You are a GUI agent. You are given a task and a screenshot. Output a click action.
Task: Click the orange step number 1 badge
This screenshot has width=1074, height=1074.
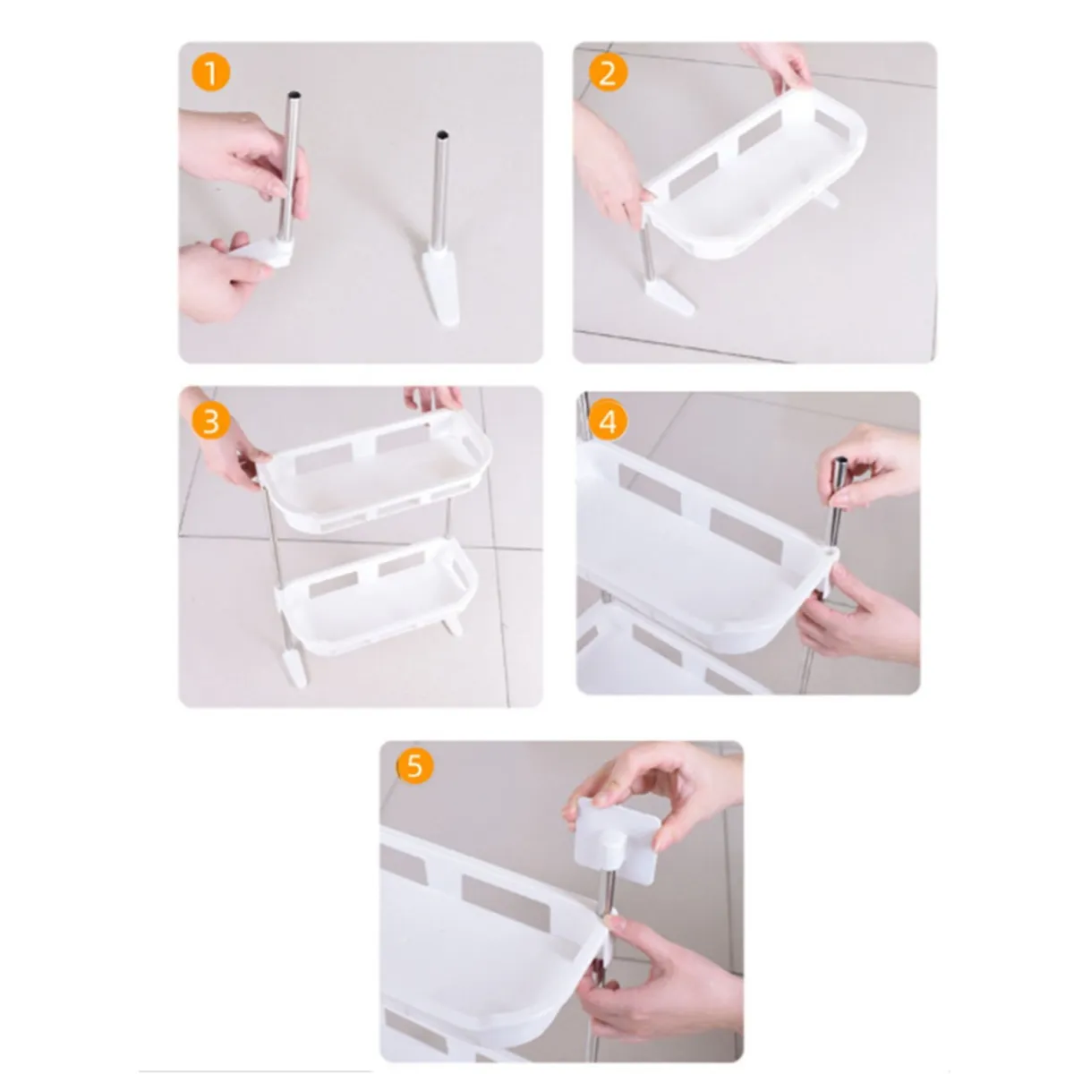point(210,73)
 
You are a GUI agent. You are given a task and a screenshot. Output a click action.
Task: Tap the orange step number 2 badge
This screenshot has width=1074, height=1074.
point(608,73)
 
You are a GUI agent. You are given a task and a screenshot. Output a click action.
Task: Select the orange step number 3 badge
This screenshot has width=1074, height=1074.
point(210,422)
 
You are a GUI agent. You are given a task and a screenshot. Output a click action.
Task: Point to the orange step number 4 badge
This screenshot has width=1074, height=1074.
point(608,422)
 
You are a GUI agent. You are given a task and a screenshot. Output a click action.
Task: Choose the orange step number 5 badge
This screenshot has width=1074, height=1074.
point(414,766)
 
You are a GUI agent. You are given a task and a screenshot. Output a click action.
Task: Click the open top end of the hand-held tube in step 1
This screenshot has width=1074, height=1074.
point(294,95)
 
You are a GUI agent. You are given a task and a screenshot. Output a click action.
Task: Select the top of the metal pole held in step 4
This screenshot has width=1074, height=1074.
point(840,463)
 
